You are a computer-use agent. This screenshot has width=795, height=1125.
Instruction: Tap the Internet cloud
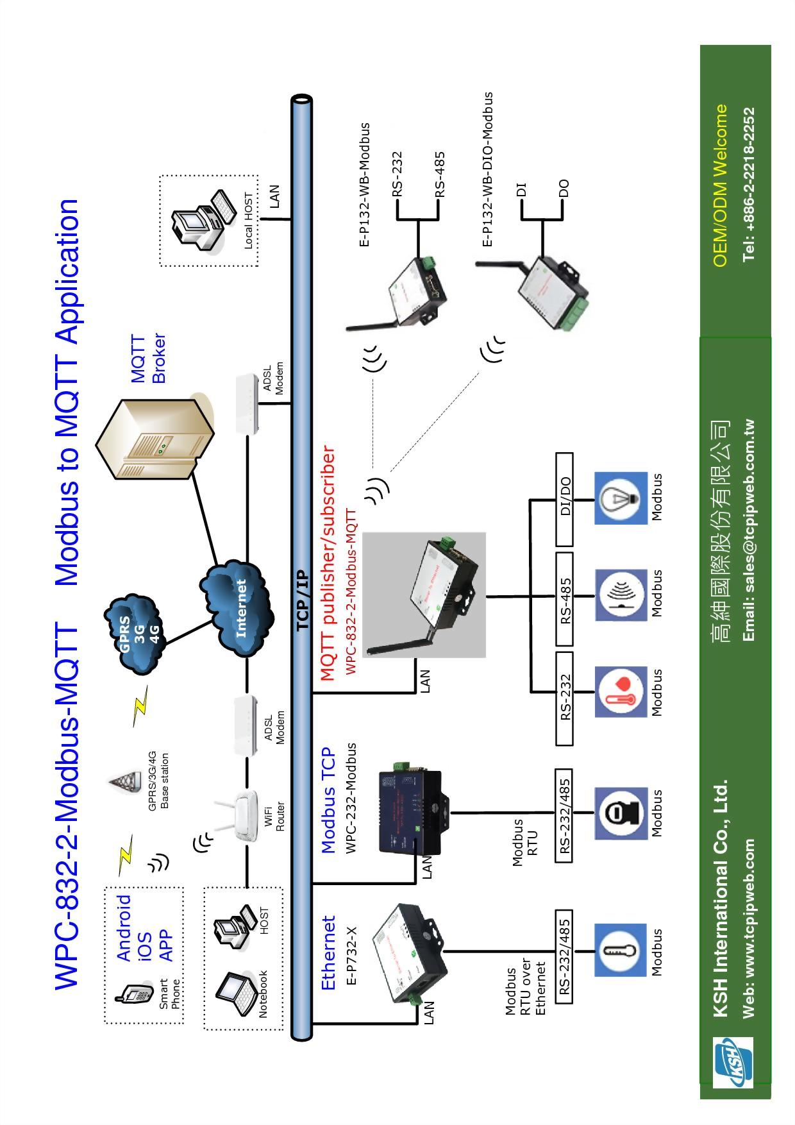click(x=237, y=608)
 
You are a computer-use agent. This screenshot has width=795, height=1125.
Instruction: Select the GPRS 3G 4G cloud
click(x=136, y=634)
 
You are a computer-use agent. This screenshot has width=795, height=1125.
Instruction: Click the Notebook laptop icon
click(x=235, y=994)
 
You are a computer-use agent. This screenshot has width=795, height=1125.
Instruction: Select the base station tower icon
click(x=125, y=782)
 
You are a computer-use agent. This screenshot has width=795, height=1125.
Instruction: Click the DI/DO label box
click(x=565, y=498)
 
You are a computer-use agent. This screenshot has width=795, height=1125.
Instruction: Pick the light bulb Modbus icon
click(x=621, y=498)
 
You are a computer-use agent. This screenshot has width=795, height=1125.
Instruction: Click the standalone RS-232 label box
click(x=565, y=698)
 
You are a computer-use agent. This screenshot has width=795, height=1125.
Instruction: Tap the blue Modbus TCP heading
click(x=328, y=800)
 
